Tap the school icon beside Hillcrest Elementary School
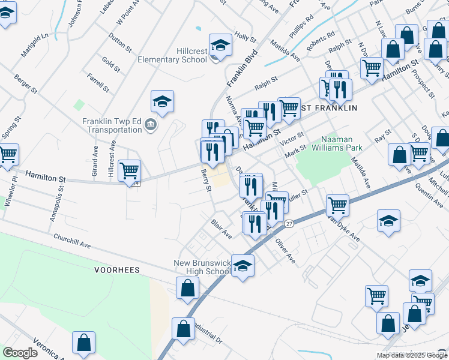click(x=220, y=46)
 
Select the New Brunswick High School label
click(x=202, y=267)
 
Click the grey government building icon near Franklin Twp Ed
click(x=149, y=125)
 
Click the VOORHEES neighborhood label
click(x=117, y=270)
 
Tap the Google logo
click(x=20, y=353)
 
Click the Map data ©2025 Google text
click(x=412, y=355)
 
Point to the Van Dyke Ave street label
click(x=343, y=228)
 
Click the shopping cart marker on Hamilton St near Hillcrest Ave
click(x=130, y=171)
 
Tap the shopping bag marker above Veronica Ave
click(x=84, y=343)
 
